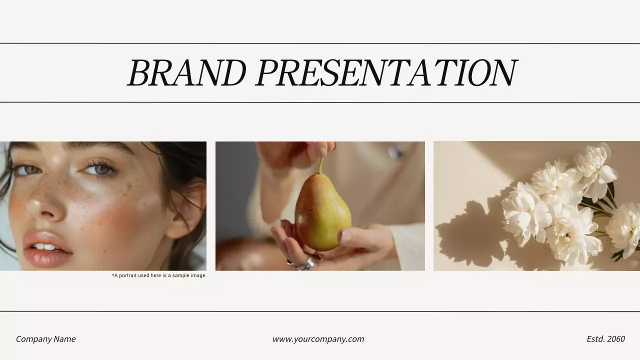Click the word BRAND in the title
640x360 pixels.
click(x=186, y=73)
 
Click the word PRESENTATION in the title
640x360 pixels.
click(x=386, y=73)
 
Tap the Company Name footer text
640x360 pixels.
click(x=45, y=339)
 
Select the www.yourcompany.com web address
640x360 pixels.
click(x=318, y=339)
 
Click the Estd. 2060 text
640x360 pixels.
click(x=605, y=339)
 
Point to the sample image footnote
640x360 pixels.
click(x=159, y=275)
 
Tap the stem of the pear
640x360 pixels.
click(x=320, y=164)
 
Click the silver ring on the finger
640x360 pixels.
click(x=306, y=264)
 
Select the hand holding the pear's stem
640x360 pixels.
click(x=300, y=152)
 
